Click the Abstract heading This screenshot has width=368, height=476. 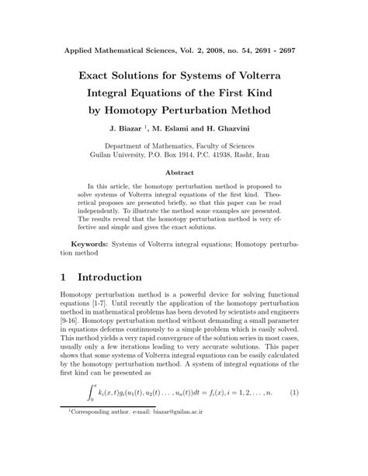point(184,173)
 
